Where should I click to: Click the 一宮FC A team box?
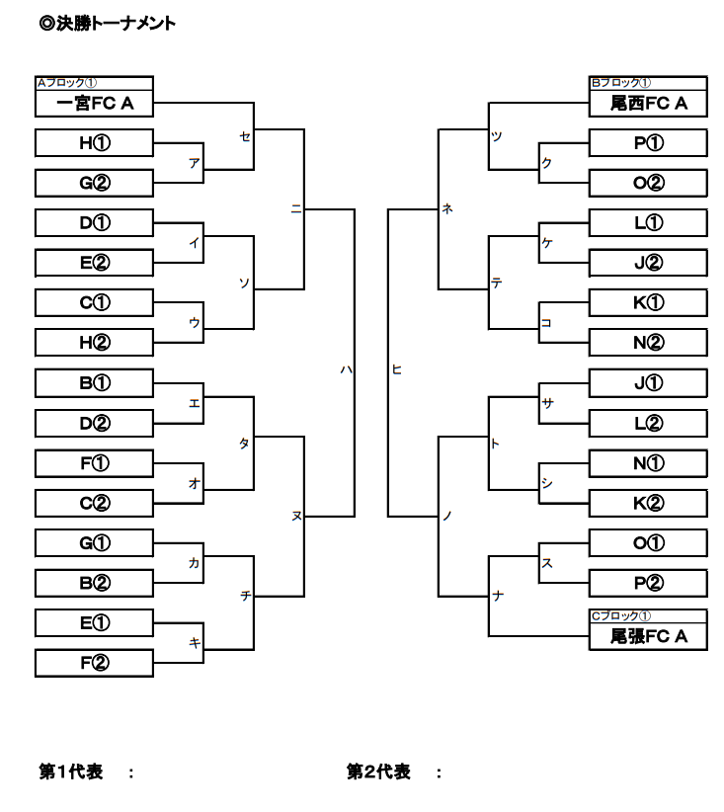94,104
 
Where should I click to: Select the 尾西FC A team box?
648,104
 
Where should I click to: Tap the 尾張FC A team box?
648,637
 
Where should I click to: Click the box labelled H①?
94,143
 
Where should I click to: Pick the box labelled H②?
94,342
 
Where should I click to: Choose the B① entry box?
94,382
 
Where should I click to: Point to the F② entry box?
94,663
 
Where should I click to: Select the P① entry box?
648,143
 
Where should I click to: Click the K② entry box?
648,503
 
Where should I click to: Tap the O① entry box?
648,543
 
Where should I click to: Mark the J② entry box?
648,263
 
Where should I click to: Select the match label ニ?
295,208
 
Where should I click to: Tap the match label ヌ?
295,516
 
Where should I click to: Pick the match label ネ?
447,208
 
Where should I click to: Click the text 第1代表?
71,772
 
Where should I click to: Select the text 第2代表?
378,772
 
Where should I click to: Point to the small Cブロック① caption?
620,616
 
